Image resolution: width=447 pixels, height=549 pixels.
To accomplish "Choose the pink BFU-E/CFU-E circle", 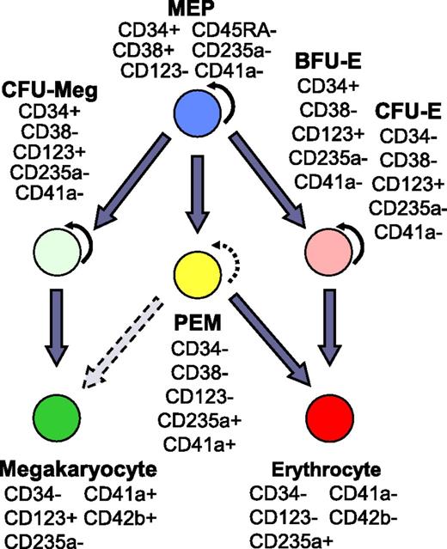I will click(x=329, y=253).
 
